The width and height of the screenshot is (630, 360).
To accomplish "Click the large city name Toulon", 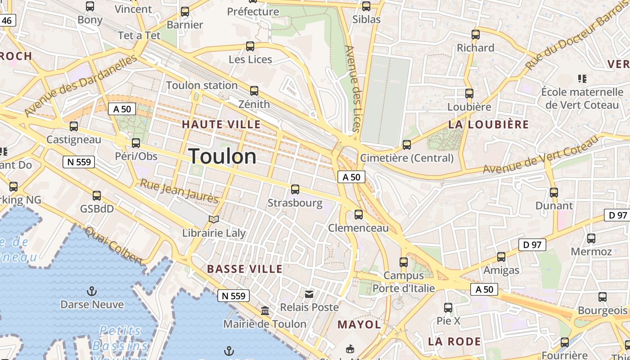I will tap(223, 157).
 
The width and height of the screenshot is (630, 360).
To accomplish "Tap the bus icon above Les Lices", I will tap(250, 46).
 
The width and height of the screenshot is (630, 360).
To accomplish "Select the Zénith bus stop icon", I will tap(254, 91).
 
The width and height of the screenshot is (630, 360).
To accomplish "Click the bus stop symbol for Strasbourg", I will tap(295, 189).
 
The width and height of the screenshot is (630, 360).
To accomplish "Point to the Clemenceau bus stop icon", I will tap(359, 215).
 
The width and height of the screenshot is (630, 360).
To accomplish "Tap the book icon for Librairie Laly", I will tap(214, 219).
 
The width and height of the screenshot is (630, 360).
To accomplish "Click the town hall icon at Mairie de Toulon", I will tap(265, 311).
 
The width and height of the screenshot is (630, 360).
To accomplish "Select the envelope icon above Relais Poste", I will tap(309, 294).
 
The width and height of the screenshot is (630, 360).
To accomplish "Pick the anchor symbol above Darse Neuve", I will tap(92, 291).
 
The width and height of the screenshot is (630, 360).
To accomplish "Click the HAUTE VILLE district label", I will tap(221, 124).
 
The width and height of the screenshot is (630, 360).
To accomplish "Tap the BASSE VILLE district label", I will tap(245, 269).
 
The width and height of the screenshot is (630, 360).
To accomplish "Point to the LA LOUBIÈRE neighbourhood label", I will tap(489, 125).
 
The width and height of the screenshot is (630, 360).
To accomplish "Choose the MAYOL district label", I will tap(359, 324).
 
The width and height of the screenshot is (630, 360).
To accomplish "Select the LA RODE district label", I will tap(454, 341).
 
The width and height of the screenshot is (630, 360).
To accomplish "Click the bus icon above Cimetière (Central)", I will tap(407, 144).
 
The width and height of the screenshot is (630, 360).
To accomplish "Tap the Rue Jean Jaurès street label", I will tap(179, 191).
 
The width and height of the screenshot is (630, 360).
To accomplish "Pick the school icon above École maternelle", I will tap(582, 79).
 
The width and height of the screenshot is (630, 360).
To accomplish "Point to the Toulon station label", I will tap(202, 85).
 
